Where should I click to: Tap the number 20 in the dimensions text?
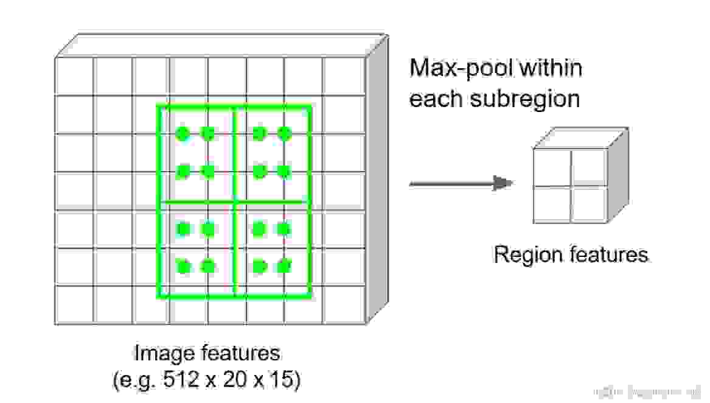tap(232, 380)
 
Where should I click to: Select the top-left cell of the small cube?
tap(552, 167)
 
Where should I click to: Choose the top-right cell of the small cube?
tap(589, 167)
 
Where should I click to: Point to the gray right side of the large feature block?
tap(376, 183)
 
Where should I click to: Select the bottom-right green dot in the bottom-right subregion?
tap(284, 267)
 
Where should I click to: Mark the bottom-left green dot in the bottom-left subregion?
tap(183, 267)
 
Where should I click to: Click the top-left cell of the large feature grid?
tap(74, 76)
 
